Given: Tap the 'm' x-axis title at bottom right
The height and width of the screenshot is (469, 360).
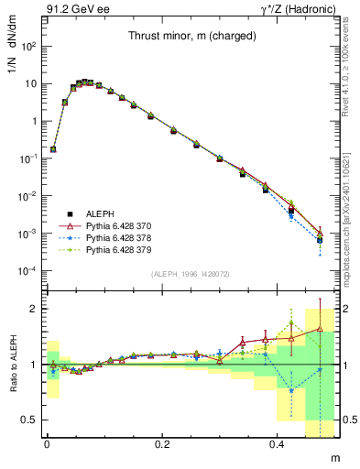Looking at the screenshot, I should point(333,457).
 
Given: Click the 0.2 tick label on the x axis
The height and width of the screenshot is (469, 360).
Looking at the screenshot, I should point(163,443).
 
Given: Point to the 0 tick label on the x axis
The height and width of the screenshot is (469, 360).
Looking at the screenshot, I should point(47,443).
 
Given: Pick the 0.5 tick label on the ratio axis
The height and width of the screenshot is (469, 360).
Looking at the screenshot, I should point(29,420).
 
